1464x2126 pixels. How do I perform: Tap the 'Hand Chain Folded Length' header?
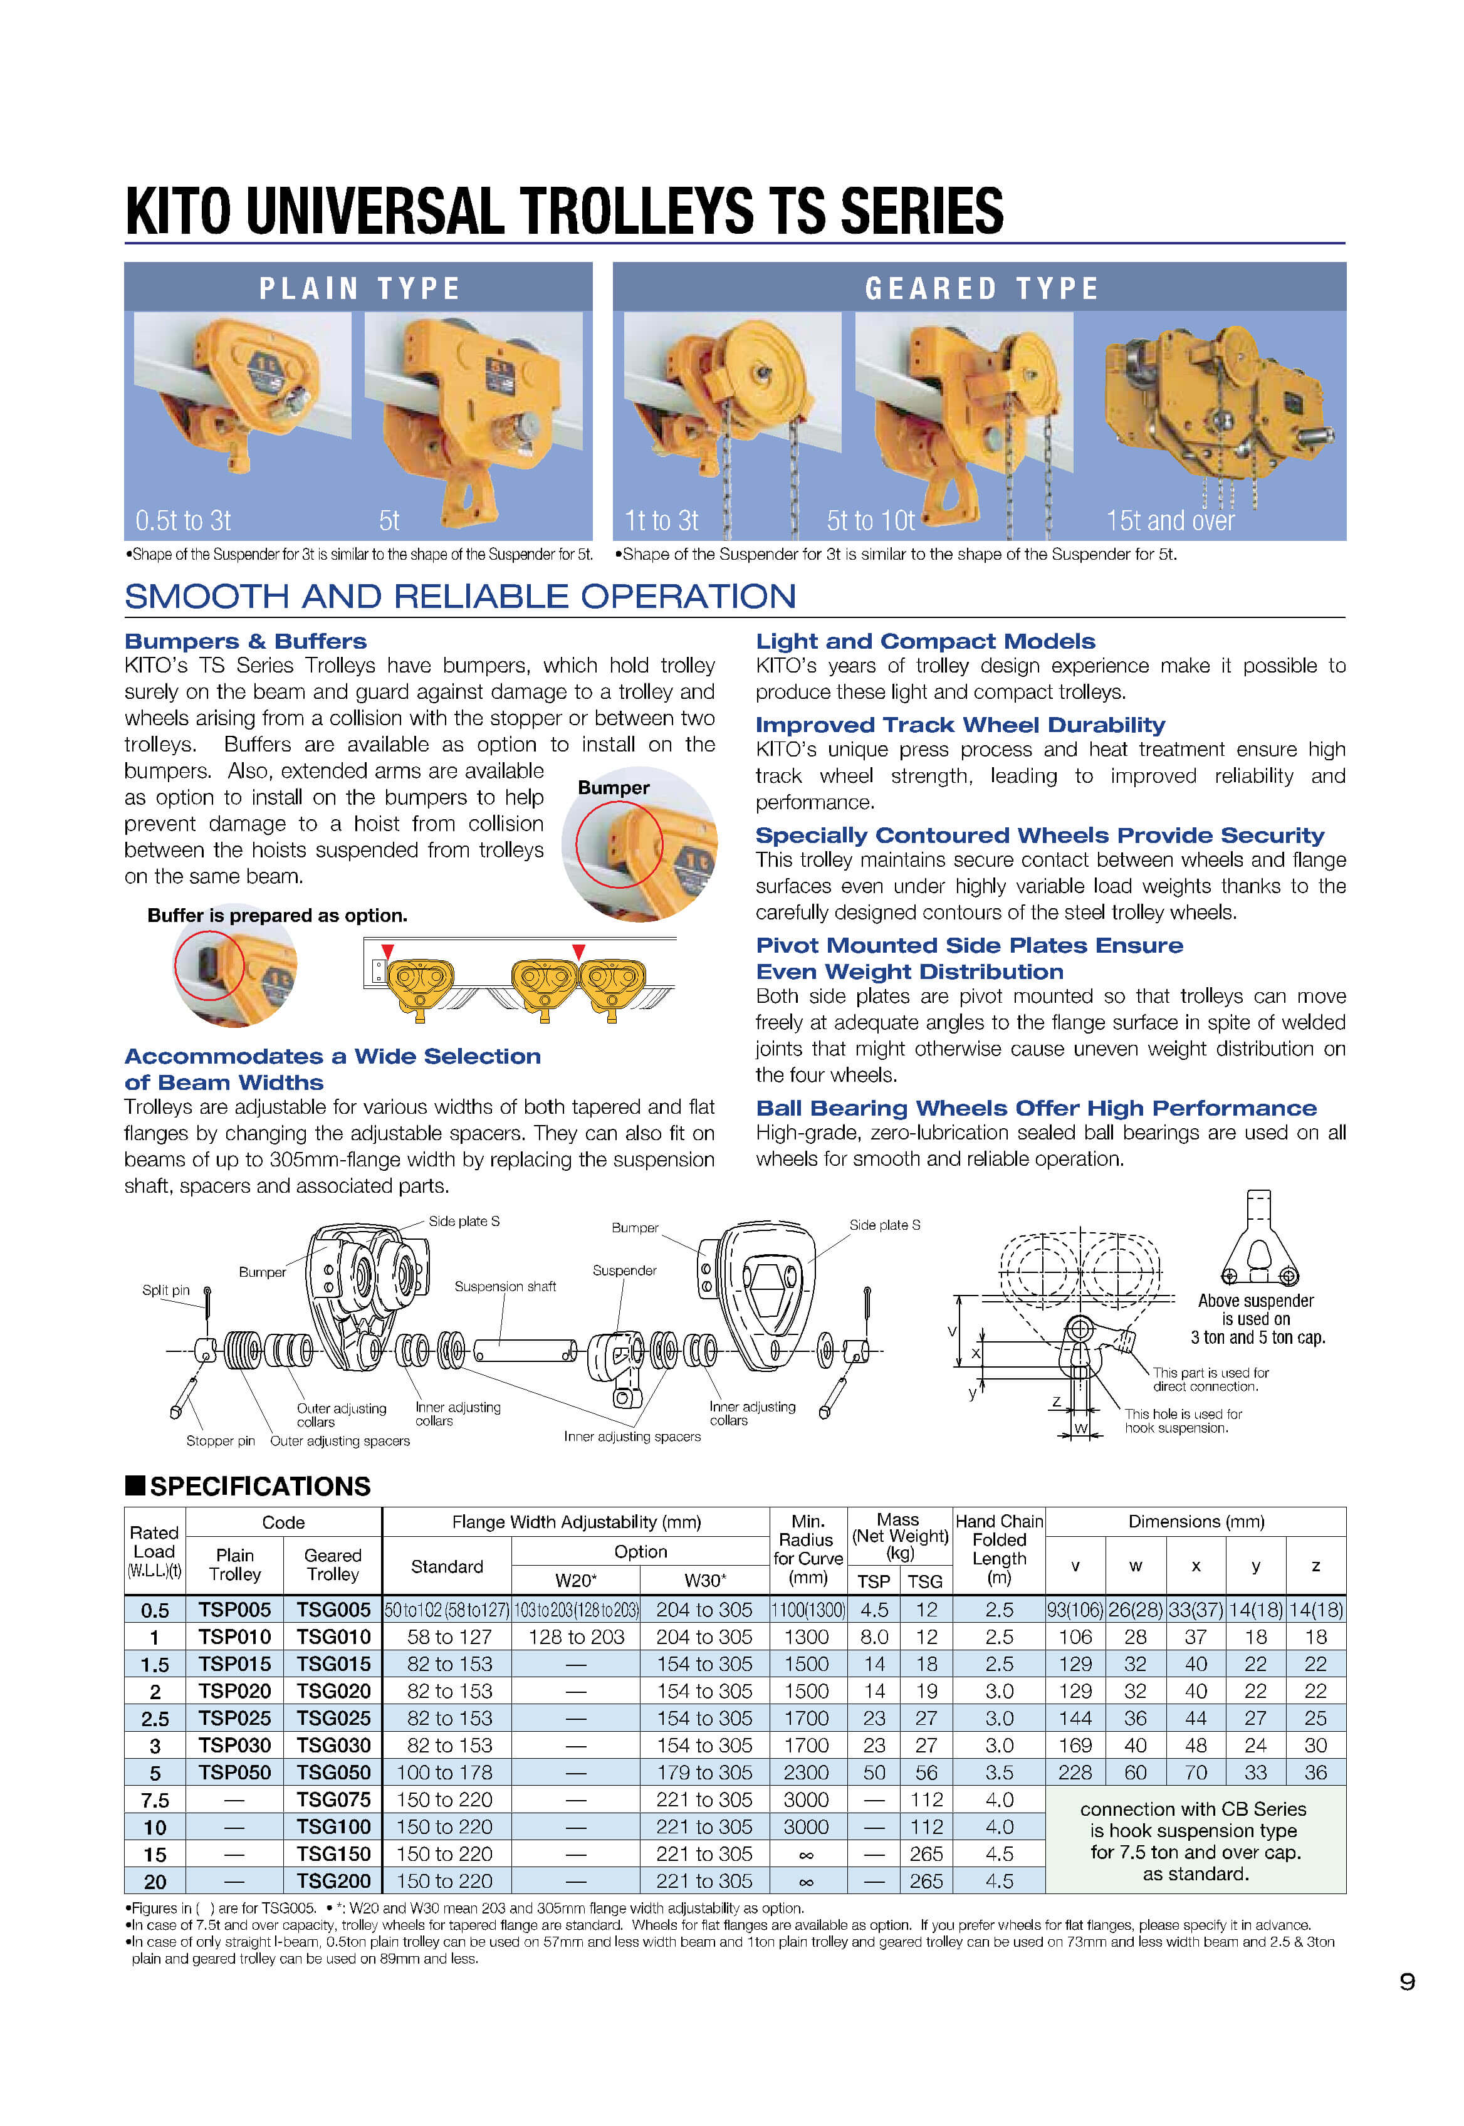(x=999, y=1549)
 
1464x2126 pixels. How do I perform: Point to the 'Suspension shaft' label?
(x=505, y=1286)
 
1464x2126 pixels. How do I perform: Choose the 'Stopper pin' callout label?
(x=220, y=1441)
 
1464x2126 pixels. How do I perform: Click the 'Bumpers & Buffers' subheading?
(x=245, y=641)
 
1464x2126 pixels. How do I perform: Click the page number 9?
(x=1406, y=1982)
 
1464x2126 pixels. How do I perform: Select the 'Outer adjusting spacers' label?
(x=340, y=1441)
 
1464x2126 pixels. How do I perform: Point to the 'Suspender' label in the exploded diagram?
(x=624, y=1270)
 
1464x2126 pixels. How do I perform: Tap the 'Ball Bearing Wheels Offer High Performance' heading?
(x=1035, y=1108)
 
